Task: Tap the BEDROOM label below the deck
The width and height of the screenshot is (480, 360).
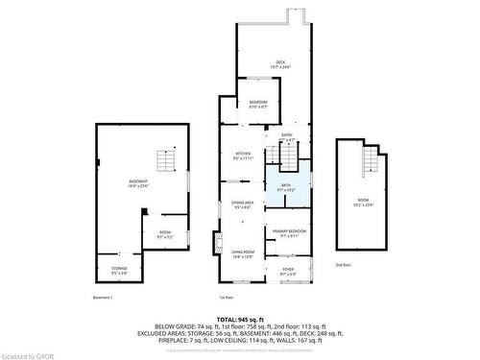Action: (x=258, y=105)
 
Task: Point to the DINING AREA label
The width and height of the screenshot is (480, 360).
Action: (x=242, y=204)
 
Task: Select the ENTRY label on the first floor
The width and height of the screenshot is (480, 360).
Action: (x=287, y=137)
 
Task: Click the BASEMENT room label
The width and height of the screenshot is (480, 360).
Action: (x=139, y=183)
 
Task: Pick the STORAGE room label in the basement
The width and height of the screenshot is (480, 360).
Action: (x=119, y=270)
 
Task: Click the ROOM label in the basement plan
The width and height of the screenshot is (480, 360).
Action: (x=165, y=233)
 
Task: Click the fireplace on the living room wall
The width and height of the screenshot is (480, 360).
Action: (x=220, y=243)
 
